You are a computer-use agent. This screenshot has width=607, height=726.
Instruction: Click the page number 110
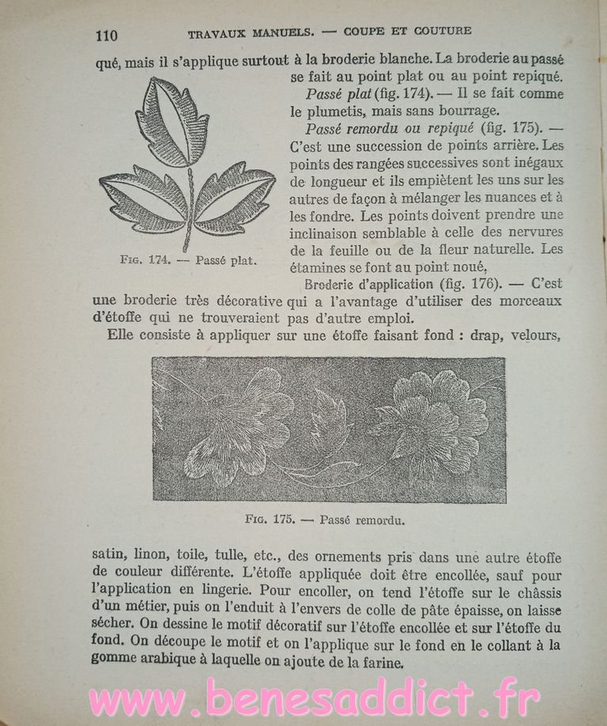click(x=106, y=36)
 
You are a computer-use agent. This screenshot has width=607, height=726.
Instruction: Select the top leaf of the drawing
click(x=172, y=122)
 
